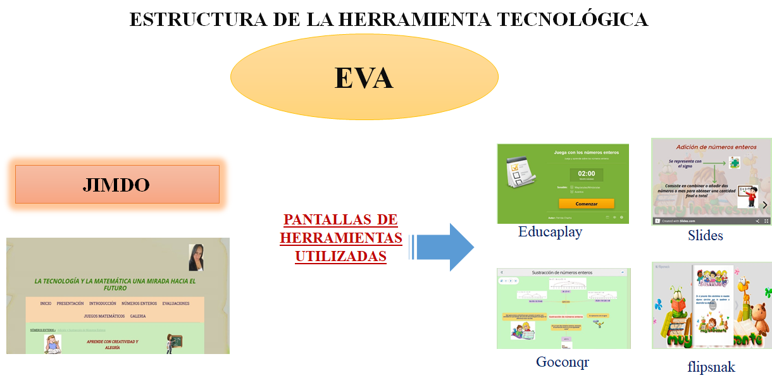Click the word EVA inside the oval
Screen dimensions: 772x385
click(364, 78)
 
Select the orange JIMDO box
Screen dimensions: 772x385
click(117, 185)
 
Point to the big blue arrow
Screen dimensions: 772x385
click(446, 247)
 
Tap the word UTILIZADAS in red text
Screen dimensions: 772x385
click(340, 257)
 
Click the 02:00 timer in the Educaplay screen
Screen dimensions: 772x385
click(586, 174)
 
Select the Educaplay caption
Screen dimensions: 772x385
click(550, 232)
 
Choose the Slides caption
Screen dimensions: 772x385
click(705, 236)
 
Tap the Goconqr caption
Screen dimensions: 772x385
click(563, 362)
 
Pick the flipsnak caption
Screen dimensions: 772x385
click(711, 367)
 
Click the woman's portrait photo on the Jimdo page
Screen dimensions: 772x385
click(196, 257)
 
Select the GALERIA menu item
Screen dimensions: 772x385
click(138, 316)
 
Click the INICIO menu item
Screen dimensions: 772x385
click(46, 303)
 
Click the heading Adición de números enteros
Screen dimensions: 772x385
click(716, 147)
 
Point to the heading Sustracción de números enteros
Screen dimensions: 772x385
click(563, 272)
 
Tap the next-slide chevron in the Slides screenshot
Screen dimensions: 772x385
click(764, 205)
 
